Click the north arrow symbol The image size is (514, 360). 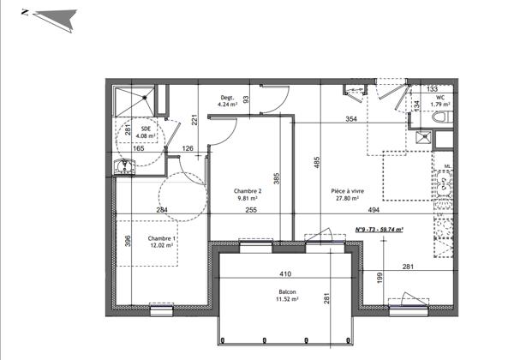pyautogui.click(x=53, y=16)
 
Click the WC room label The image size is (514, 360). pyautogui.click(x=439, y=99)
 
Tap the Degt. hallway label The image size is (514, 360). pyautogui.click(x=228, y=98)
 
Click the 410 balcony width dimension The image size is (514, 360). pyautogui.click(x=285, y=274)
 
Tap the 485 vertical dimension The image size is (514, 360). pyautogui.click(x=316, y=162)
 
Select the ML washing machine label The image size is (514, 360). pyautogui.click(x=446, y=166)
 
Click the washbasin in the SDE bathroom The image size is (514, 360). pyautogui.click(x=119, y=166)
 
